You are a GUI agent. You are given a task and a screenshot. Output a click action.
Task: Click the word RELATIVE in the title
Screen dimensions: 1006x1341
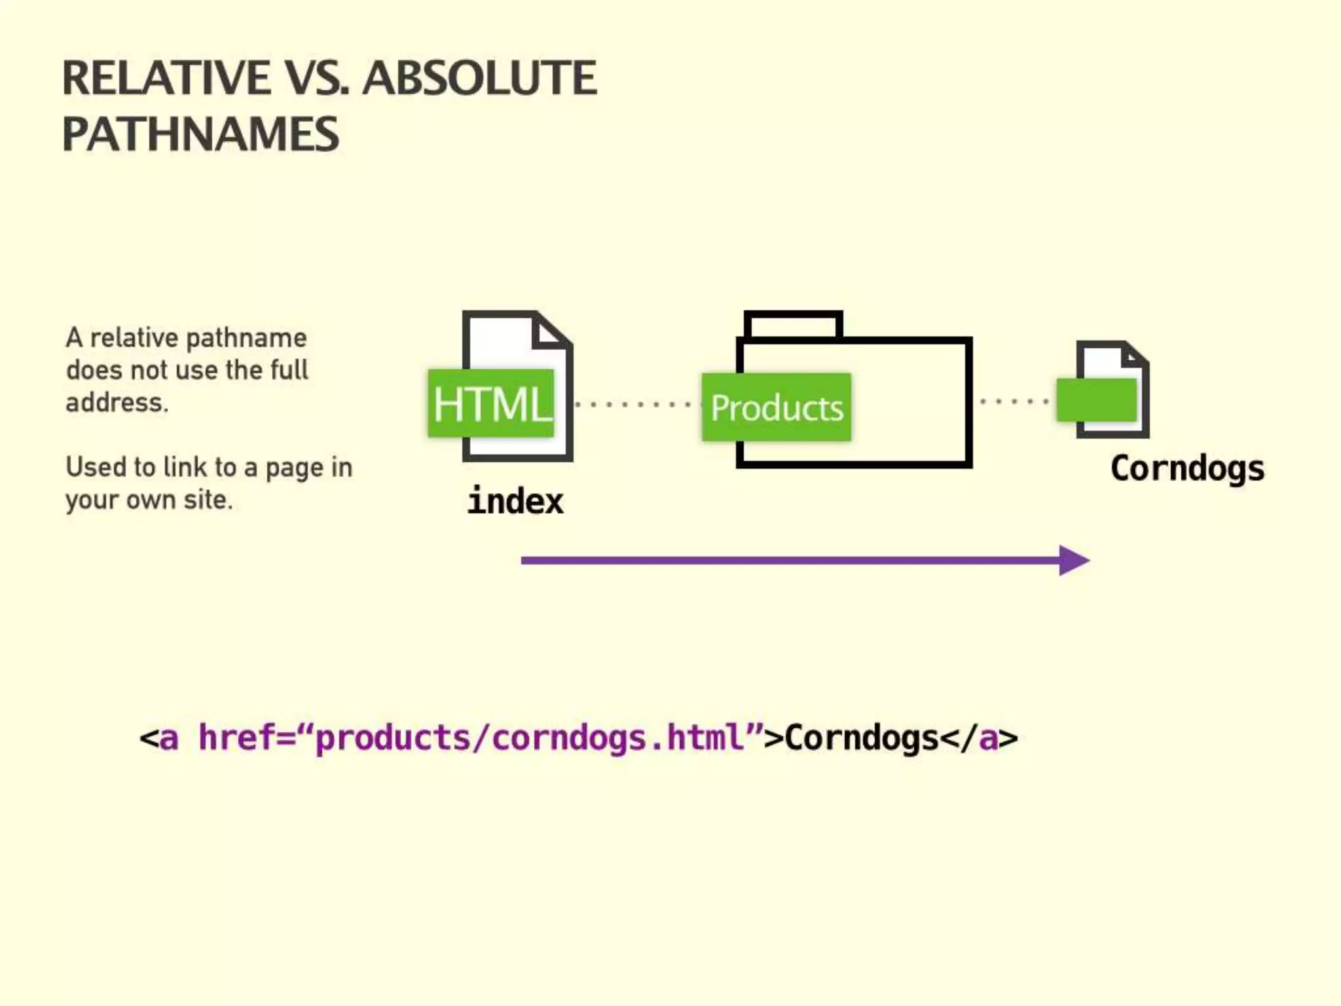point(166,78)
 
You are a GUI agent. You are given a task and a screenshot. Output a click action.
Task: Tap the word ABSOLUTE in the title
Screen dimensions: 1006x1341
point(479,78)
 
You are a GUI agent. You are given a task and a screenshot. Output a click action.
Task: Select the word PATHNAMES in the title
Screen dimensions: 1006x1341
point(200,134)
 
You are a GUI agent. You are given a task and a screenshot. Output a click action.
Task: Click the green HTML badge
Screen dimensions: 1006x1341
point(491,403)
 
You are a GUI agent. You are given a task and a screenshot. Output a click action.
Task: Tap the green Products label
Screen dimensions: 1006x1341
point(777,407)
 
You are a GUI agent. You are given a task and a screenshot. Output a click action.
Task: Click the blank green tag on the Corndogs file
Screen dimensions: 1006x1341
point(1097,400)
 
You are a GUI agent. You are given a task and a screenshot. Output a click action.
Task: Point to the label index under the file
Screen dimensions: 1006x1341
point(515,502)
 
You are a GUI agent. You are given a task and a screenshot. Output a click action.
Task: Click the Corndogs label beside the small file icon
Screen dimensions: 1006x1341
point(1187,468)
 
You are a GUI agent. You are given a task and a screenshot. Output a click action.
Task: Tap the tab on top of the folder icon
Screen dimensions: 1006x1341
point(793,325)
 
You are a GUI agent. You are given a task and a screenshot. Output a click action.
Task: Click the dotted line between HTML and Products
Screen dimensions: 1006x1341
point(632,404)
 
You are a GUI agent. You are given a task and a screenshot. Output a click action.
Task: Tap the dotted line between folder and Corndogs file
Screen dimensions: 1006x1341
point(1014,401)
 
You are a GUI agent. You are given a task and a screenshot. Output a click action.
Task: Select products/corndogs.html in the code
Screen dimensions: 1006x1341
point(529,738)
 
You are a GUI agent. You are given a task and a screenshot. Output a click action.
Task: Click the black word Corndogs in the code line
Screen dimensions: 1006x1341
point(862,738)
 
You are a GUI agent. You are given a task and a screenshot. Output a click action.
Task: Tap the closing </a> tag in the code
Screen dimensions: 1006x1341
point(979,738)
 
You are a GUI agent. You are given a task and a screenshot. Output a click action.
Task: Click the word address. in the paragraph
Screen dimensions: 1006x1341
point(117,402)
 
